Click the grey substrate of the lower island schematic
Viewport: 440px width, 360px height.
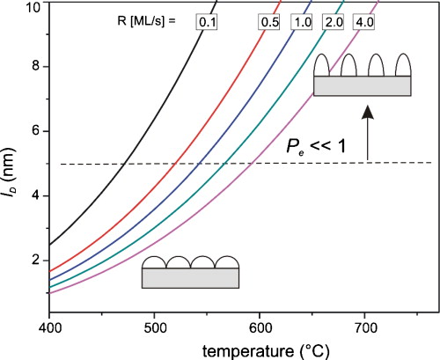click(190, 278)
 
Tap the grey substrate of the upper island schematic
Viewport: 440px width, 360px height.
click(363, 85)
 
